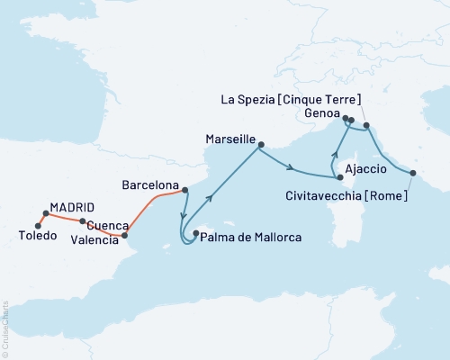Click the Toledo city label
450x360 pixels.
37,236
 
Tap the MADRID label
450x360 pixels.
71,205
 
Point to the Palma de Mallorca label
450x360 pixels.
251,238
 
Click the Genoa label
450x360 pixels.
322,114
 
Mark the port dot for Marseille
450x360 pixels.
260,145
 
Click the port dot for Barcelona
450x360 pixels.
184,190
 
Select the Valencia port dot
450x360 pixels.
124,236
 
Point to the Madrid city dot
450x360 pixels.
45,213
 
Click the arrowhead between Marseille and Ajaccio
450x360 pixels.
293,166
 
